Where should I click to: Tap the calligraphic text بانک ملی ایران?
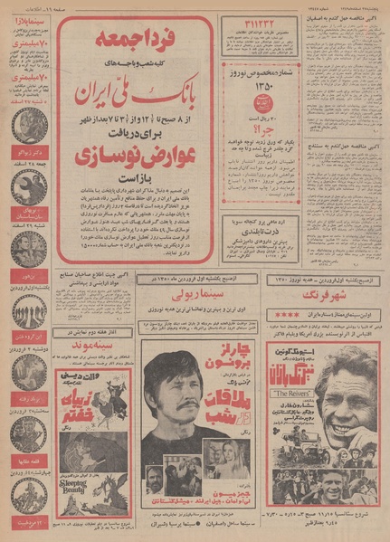[135, 93]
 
